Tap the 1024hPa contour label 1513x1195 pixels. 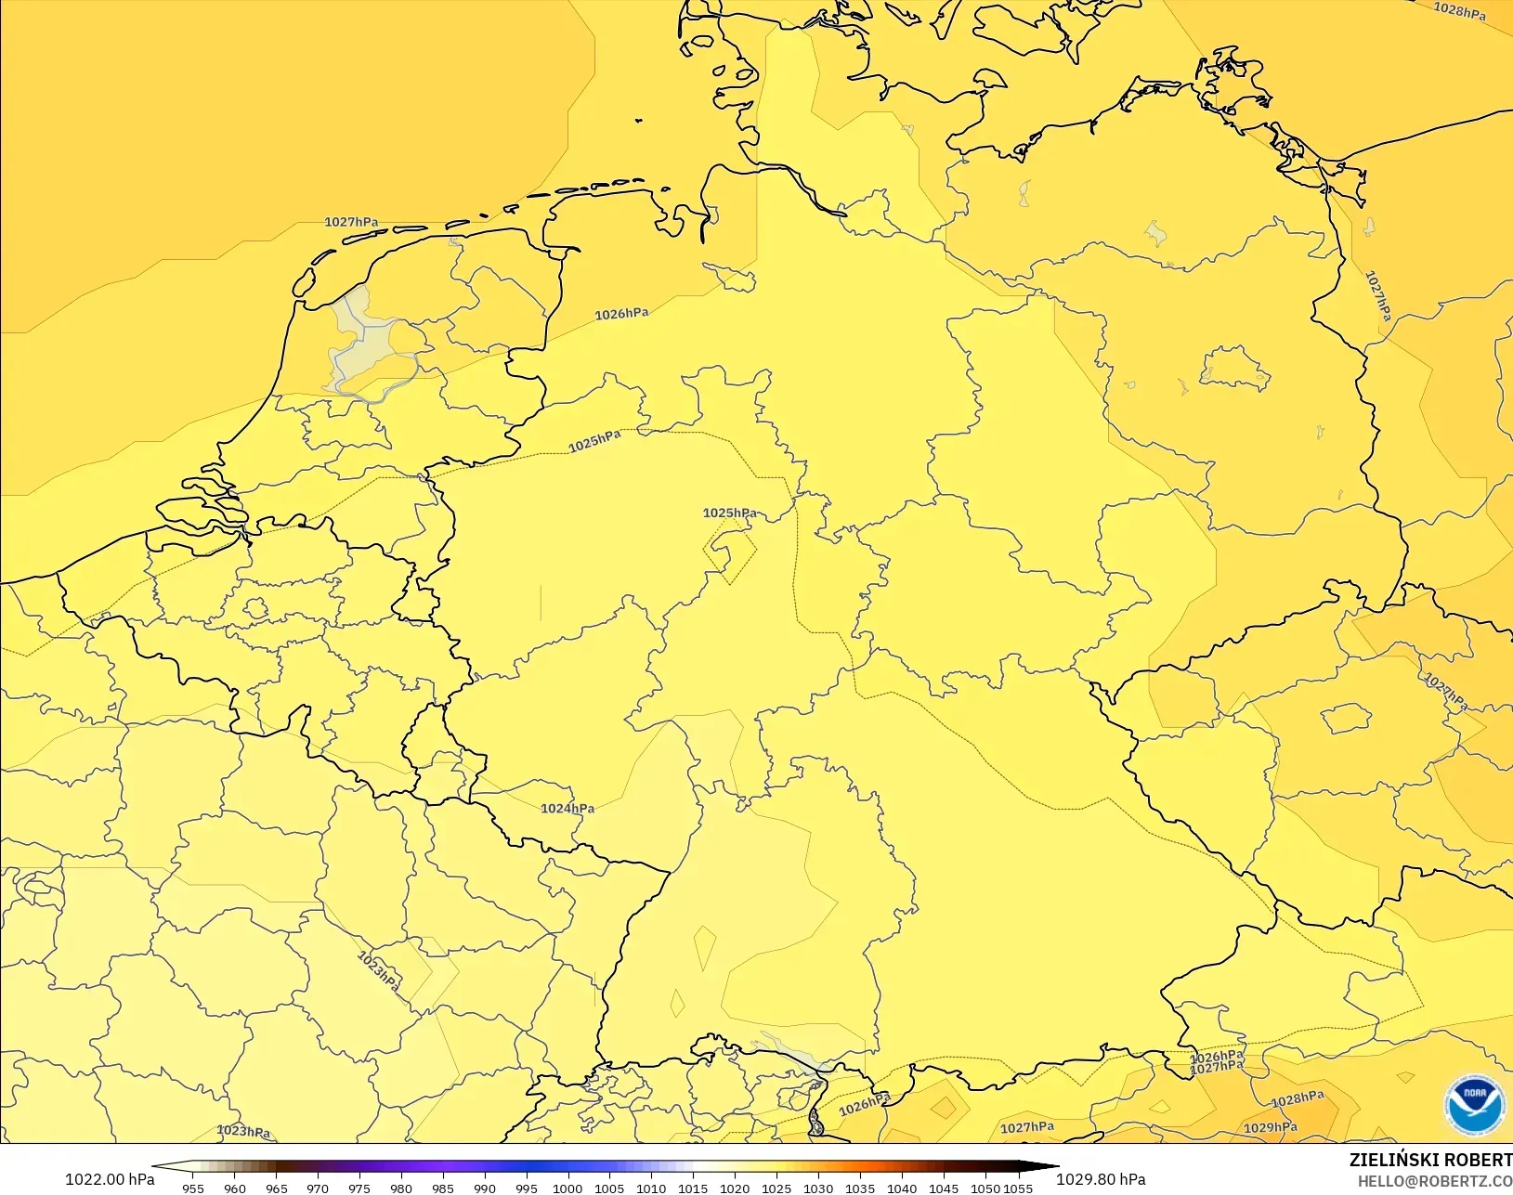click(x=567, y=809)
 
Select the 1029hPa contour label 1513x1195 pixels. click(x=1270, y=1128)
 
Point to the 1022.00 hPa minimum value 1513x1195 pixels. click(x=110, y=1179)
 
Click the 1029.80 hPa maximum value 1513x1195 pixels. click(x=1101, y=1179)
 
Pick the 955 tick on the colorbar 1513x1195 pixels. click(x=193, y=1188)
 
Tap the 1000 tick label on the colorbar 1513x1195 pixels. click(x=567, y=1188)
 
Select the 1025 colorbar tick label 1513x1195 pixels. click(x=776, y=1188)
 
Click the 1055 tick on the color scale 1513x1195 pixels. click(x=1019, y=1188)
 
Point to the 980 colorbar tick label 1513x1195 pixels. click(x=401, y=1188)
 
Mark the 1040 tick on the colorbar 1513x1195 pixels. click(x=902, y=1188)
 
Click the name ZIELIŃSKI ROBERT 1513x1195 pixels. click(x=1430, y=1161)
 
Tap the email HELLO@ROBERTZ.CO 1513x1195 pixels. click(x=1435, y=1181)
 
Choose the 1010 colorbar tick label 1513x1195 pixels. click(x=651, y=1188)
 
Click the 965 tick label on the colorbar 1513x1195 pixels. click(x=276, y=1188)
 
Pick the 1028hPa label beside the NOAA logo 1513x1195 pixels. click(x=1297, y=1099)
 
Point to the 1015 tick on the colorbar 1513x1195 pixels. click(x=693, y=1188)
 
